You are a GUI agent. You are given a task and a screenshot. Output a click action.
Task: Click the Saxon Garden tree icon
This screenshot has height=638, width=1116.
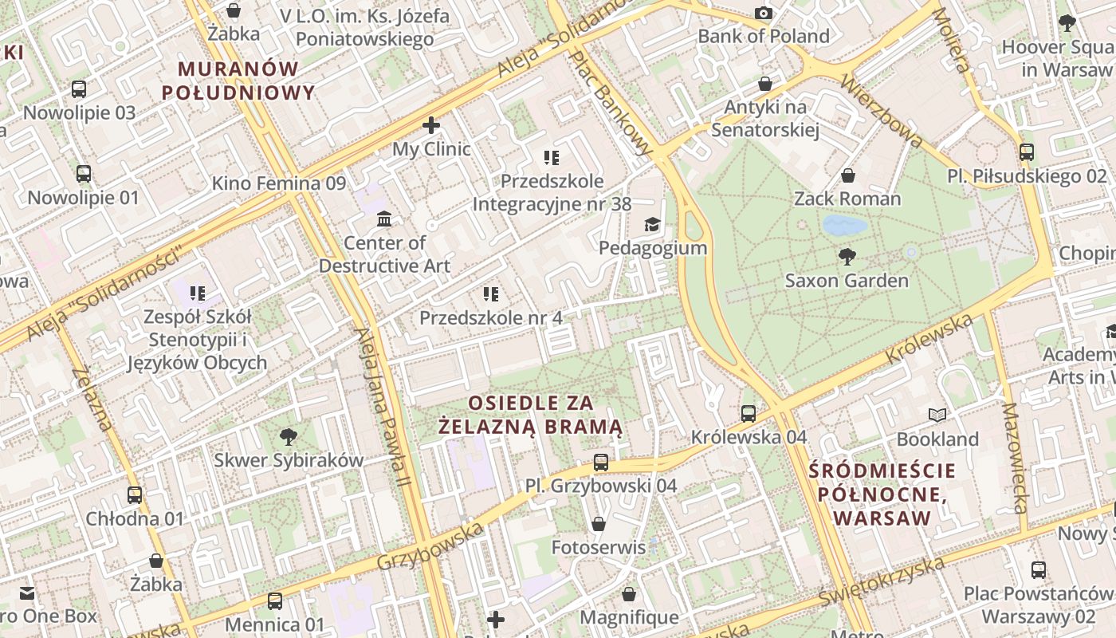point(847,256)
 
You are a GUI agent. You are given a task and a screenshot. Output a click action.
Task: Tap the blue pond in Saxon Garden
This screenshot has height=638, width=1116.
point(844,225)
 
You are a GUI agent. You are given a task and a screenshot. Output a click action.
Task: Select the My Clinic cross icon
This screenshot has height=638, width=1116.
point(431,125)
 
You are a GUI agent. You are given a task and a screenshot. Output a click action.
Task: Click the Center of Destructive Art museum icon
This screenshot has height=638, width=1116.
point(384,219)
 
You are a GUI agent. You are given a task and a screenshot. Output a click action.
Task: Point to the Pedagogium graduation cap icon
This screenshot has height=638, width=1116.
point(653,224)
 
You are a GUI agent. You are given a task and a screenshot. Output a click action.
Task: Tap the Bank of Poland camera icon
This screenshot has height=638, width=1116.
point(764,13)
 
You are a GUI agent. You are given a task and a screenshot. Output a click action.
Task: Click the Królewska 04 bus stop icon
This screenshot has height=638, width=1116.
point(749,413)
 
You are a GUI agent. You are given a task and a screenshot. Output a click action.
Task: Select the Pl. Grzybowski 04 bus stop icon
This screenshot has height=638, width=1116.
point(601,462)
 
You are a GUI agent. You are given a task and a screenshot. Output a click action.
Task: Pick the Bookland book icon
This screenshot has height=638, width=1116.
point(937,415)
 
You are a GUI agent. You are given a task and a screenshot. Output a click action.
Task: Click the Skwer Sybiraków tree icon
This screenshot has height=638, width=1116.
point(289,436)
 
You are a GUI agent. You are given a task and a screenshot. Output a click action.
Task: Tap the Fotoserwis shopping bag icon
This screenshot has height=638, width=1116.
point(598,524)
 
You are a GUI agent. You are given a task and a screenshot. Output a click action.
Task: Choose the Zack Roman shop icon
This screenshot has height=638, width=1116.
point(848,175)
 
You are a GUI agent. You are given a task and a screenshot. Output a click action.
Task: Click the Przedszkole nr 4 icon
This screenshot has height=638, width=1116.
point(491,294)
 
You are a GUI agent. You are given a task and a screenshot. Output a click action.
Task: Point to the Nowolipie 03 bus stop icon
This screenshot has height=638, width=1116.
point(79,89)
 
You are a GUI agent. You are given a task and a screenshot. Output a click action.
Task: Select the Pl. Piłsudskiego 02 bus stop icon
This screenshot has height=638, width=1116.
point(1027,152)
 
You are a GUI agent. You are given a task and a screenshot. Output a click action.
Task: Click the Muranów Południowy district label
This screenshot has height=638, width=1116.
point(238,81)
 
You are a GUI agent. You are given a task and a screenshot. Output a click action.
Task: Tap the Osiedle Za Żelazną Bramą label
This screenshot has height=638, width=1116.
point(531,415)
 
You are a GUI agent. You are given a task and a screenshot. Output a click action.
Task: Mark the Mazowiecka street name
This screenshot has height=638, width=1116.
point(1014,458)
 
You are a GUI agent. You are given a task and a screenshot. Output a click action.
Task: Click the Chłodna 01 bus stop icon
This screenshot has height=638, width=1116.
point(135,494)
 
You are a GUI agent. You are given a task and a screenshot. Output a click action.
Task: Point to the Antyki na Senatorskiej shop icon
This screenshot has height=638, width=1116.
point(765,83)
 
